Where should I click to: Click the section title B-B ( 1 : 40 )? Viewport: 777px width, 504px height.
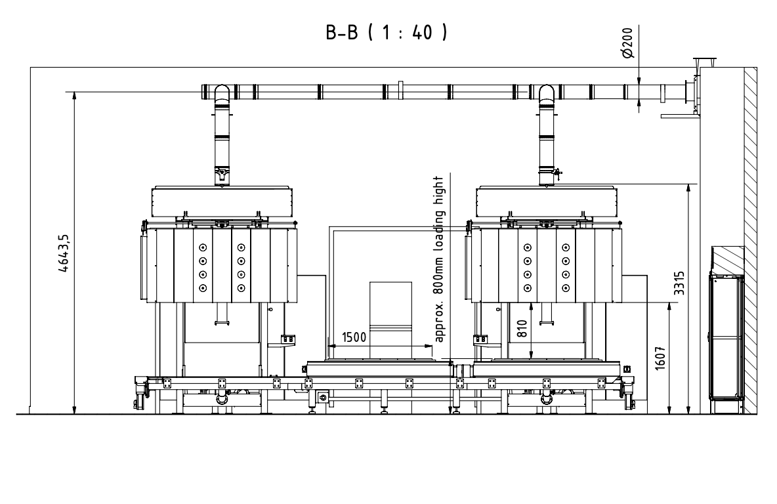(387, 32)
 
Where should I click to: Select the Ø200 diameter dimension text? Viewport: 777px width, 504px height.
(627, 43)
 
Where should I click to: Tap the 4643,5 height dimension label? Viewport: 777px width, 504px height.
(64, 253)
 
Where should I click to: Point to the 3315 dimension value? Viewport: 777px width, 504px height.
(679, 283)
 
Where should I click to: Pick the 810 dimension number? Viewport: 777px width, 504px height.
(522, 329)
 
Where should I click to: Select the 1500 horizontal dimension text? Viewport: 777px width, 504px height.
(354, 337)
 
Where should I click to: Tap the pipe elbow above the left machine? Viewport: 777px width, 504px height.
(222, 93)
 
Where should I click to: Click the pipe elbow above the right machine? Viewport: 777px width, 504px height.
(547, 93)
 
